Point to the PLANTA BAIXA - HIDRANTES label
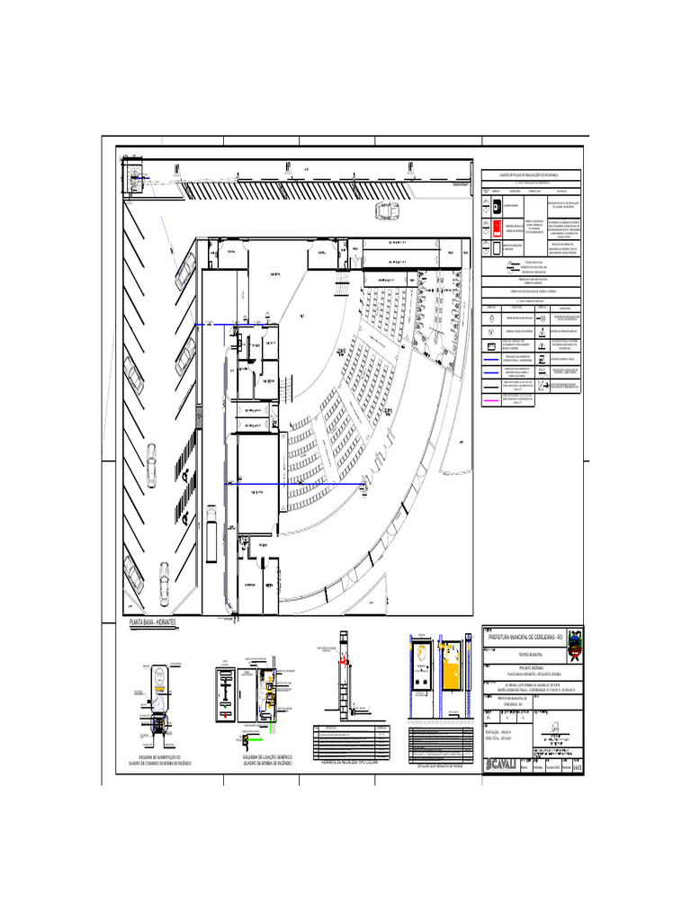(x=154, y=623)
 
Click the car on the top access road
(x=388, y=211)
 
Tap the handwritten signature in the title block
(x=555, y=729)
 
